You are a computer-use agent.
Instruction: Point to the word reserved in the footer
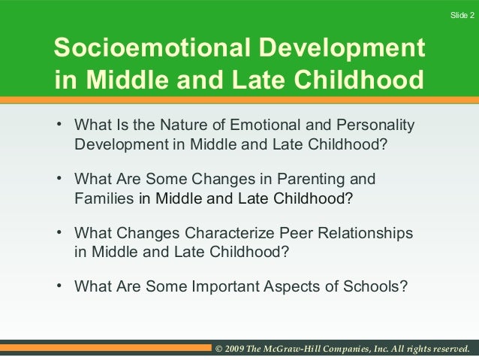(445, 349)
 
